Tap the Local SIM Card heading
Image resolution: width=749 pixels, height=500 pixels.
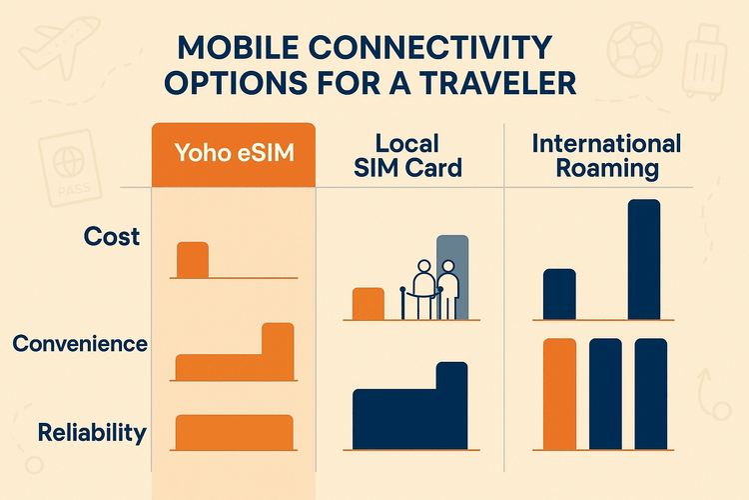408,154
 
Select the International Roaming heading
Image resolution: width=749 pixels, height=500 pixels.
606,154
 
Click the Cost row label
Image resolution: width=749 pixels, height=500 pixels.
112,237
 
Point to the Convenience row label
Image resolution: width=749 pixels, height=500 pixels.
80,344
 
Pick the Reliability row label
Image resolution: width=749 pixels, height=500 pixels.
92,433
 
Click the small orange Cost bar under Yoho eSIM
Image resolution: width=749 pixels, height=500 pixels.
193,260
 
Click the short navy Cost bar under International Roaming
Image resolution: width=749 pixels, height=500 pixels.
559,293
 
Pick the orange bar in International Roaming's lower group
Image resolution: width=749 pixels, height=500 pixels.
559,393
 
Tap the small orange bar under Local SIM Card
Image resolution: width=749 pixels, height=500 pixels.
369,303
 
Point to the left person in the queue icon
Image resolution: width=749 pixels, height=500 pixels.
423,289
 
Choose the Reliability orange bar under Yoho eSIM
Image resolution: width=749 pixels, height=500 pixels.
234,431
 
